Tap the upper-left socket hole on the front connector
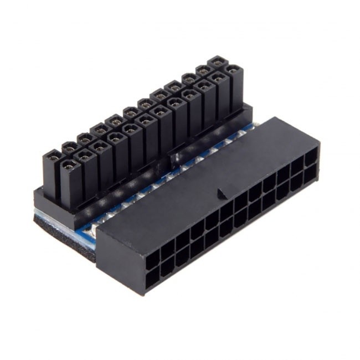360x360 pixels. click(x=150, y=256)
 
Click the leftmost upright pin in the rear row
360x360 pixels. click(x=52, y=157)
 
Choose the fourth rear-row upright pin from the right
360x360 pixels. click(x=173, y=86)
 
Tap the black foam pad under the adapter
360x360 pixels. click(x=61, y=228)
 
